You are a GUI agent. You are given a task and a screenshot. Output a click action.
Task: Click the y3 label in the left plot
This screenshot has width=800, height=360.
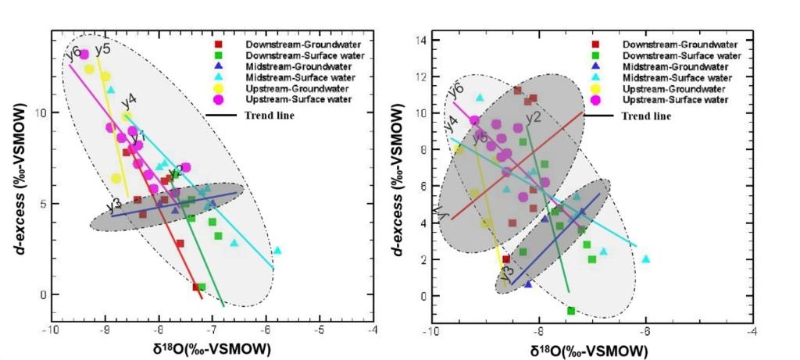(x=113, y=205)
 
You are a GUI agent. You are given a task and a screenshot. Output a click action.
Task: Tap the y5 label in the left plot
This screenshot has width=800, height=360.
(x=102, y=51)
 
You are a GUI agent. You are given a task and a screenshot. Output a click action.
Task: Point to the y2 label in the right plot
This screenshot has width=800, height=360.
(x=534, y=118)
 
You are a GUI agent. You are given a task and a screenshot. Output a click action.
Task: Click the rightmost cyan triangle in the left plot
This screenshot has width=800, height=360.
(x=277, y=251)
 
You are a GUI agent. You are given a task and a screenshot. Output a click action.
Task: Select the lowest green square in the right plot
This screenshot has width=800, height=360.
(x=571, y=311)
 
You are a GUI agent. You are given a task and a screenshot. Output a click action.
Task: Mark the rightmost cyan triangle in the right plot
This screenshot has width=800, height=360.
(x=645, y=258)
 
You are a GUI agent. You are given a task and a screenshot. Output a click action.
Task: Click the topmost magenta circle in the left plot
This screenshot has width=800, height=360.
(x=84, y=54)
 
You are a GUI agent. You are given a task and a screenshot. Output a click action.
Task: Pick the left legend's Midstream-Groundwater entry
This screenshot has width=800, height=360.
(x=287, y=66)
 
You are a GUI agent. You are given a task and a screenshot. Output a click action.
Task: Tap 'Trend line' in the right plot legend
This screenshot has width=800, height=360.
(x=646, y=116)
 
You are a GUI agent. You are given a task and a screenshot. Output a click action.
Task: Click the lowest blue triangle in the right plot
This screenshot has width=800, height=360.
(x=528, y=284)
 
